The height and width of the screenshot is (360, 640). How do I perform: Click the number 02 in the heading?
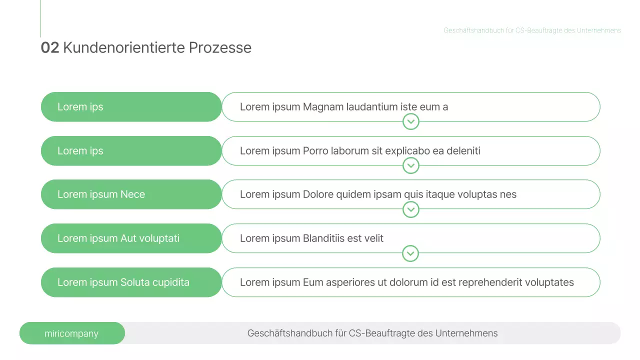coord(49,47)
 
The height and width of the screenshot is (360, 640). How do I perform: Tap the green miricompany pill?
coord(72,333)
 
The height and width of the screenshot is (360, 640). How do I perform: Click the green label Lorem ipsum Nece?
coord(101,194)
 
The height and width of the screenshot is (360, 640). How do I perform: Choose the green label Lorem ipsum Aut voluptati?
coord(118,238)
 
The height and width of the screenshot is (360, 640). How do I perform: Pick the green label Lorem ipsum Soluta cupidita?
coord(123,282)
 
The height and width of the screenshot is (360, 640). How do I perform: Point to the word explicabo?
coord(405,150)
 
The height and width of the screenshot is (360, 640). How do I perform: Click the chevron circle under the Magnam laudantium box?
coord(410,121)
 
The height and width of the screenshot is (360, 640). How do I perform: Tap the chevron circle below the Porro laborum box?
coord(410,165)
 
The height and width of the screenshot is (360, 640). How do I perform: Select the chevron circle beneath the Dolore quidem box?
coord(410,209)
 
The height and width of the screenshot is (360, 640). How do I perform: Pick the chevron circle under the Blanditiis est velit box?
coord(410,253)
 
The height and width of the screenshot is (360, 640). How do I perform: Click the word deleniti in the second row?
coord(463,150)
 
